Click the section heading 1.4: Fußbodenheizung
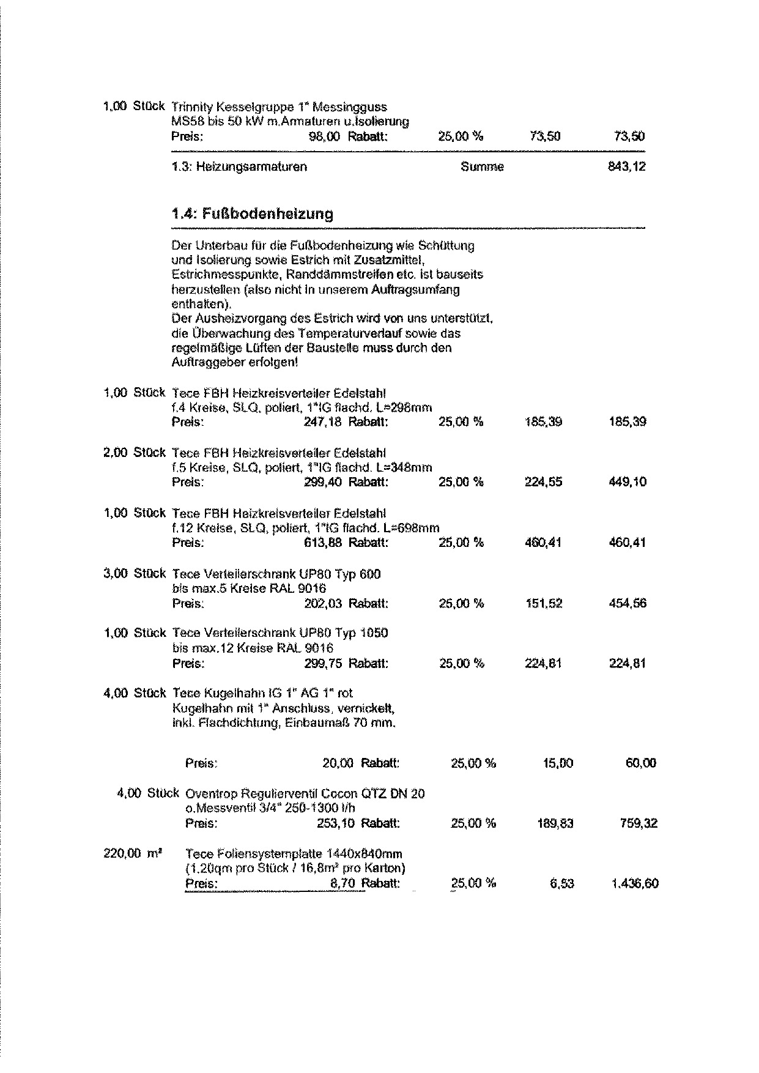click(x=253, y=214)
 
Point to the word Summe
click(x=482, y=166)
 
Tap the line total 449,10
click(x=628, y=482)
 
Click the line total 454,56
click(x=628, y=604)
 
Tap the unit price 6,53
click(x=562, y=883)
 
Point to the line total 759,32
click(x=639, y=823)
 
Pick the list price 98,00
click(x=325, y=136)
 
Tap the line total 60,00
click(x=640, y=763)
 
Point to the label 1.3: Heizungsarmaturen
click(x=240, y=166)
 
